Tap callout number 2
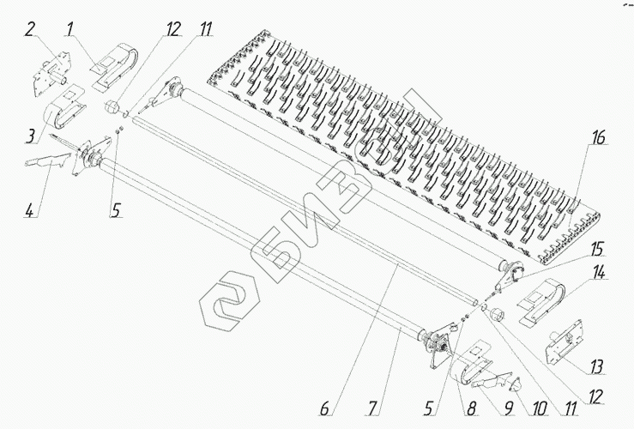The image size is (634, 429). [x=30, y=28]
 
